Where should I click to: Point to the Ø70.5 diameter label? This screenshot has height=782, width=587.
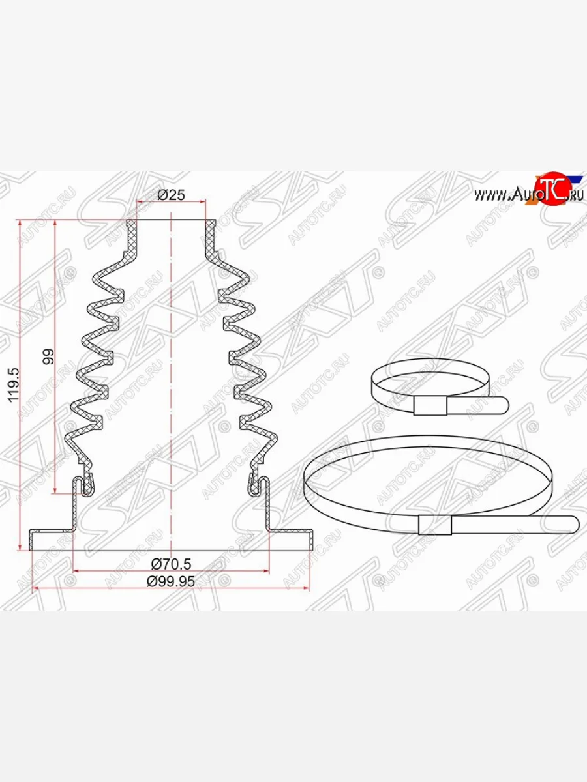pyautogui.click(x=171, y=563)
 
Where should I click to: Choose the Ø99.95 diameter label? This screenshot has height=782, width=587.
pyautogui.click(x=171, y=582)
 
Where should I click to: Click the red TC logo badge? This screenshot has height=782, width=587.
pyautogui.click(x=549, y=190)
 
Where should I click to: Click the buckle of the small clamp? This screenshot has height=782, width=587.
pyautogui.click(x=432, y=406)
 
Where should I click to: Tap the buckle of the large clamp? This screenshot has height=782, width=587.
pyautogui.click(x=436, y=524)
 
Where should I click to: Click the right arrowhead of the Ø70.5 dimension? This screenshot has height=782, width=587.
pyautogui.click(x=265, y=572)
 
